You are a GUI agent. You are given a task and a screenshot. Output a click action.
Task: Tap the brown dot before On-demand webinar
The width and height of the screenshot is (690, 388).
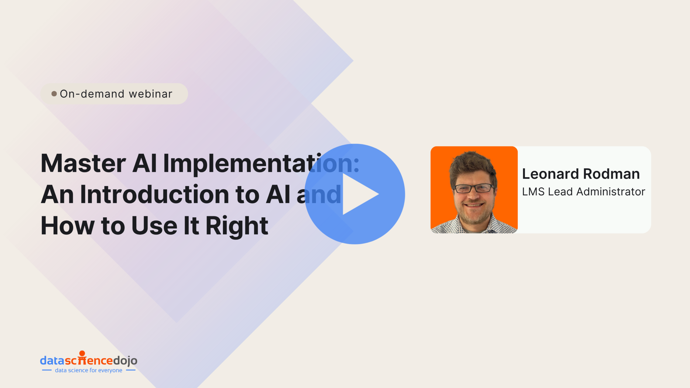coord(54,94)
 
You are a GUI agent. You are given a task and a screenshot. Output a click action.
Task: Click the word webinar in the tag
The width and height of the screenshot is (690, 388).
coord(151,94)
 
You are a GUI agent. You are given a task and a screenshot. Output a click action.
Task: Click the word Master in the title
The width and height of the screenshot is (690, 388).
coord(83,163)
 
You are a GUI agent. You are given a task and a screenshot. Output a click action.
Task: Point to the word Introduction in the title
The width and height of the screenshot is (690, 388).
coord(155,194)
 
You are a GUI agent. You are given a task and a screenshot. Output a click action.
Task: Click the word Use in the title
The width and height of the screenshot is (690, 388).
coord(154,226)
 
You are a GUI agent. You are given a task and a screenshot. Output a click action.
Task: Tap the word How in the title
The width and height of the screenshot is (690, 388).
coord(67,226)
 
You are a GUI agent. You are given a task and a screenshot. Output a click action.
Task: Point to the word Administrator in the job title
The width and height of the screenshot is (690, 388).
coord(611,192)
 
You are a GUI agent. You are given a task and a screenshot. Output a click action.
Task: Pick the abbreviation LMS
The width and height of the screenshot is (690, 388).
coord(533,192)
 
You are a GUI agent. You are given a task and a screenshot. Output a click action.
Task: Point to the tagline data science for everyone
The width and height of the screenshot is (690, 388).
coord(89,370)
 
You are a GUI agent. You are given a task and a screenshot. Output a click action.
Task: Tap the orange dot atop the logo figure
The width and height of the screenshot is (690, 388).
coord(82,353)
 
